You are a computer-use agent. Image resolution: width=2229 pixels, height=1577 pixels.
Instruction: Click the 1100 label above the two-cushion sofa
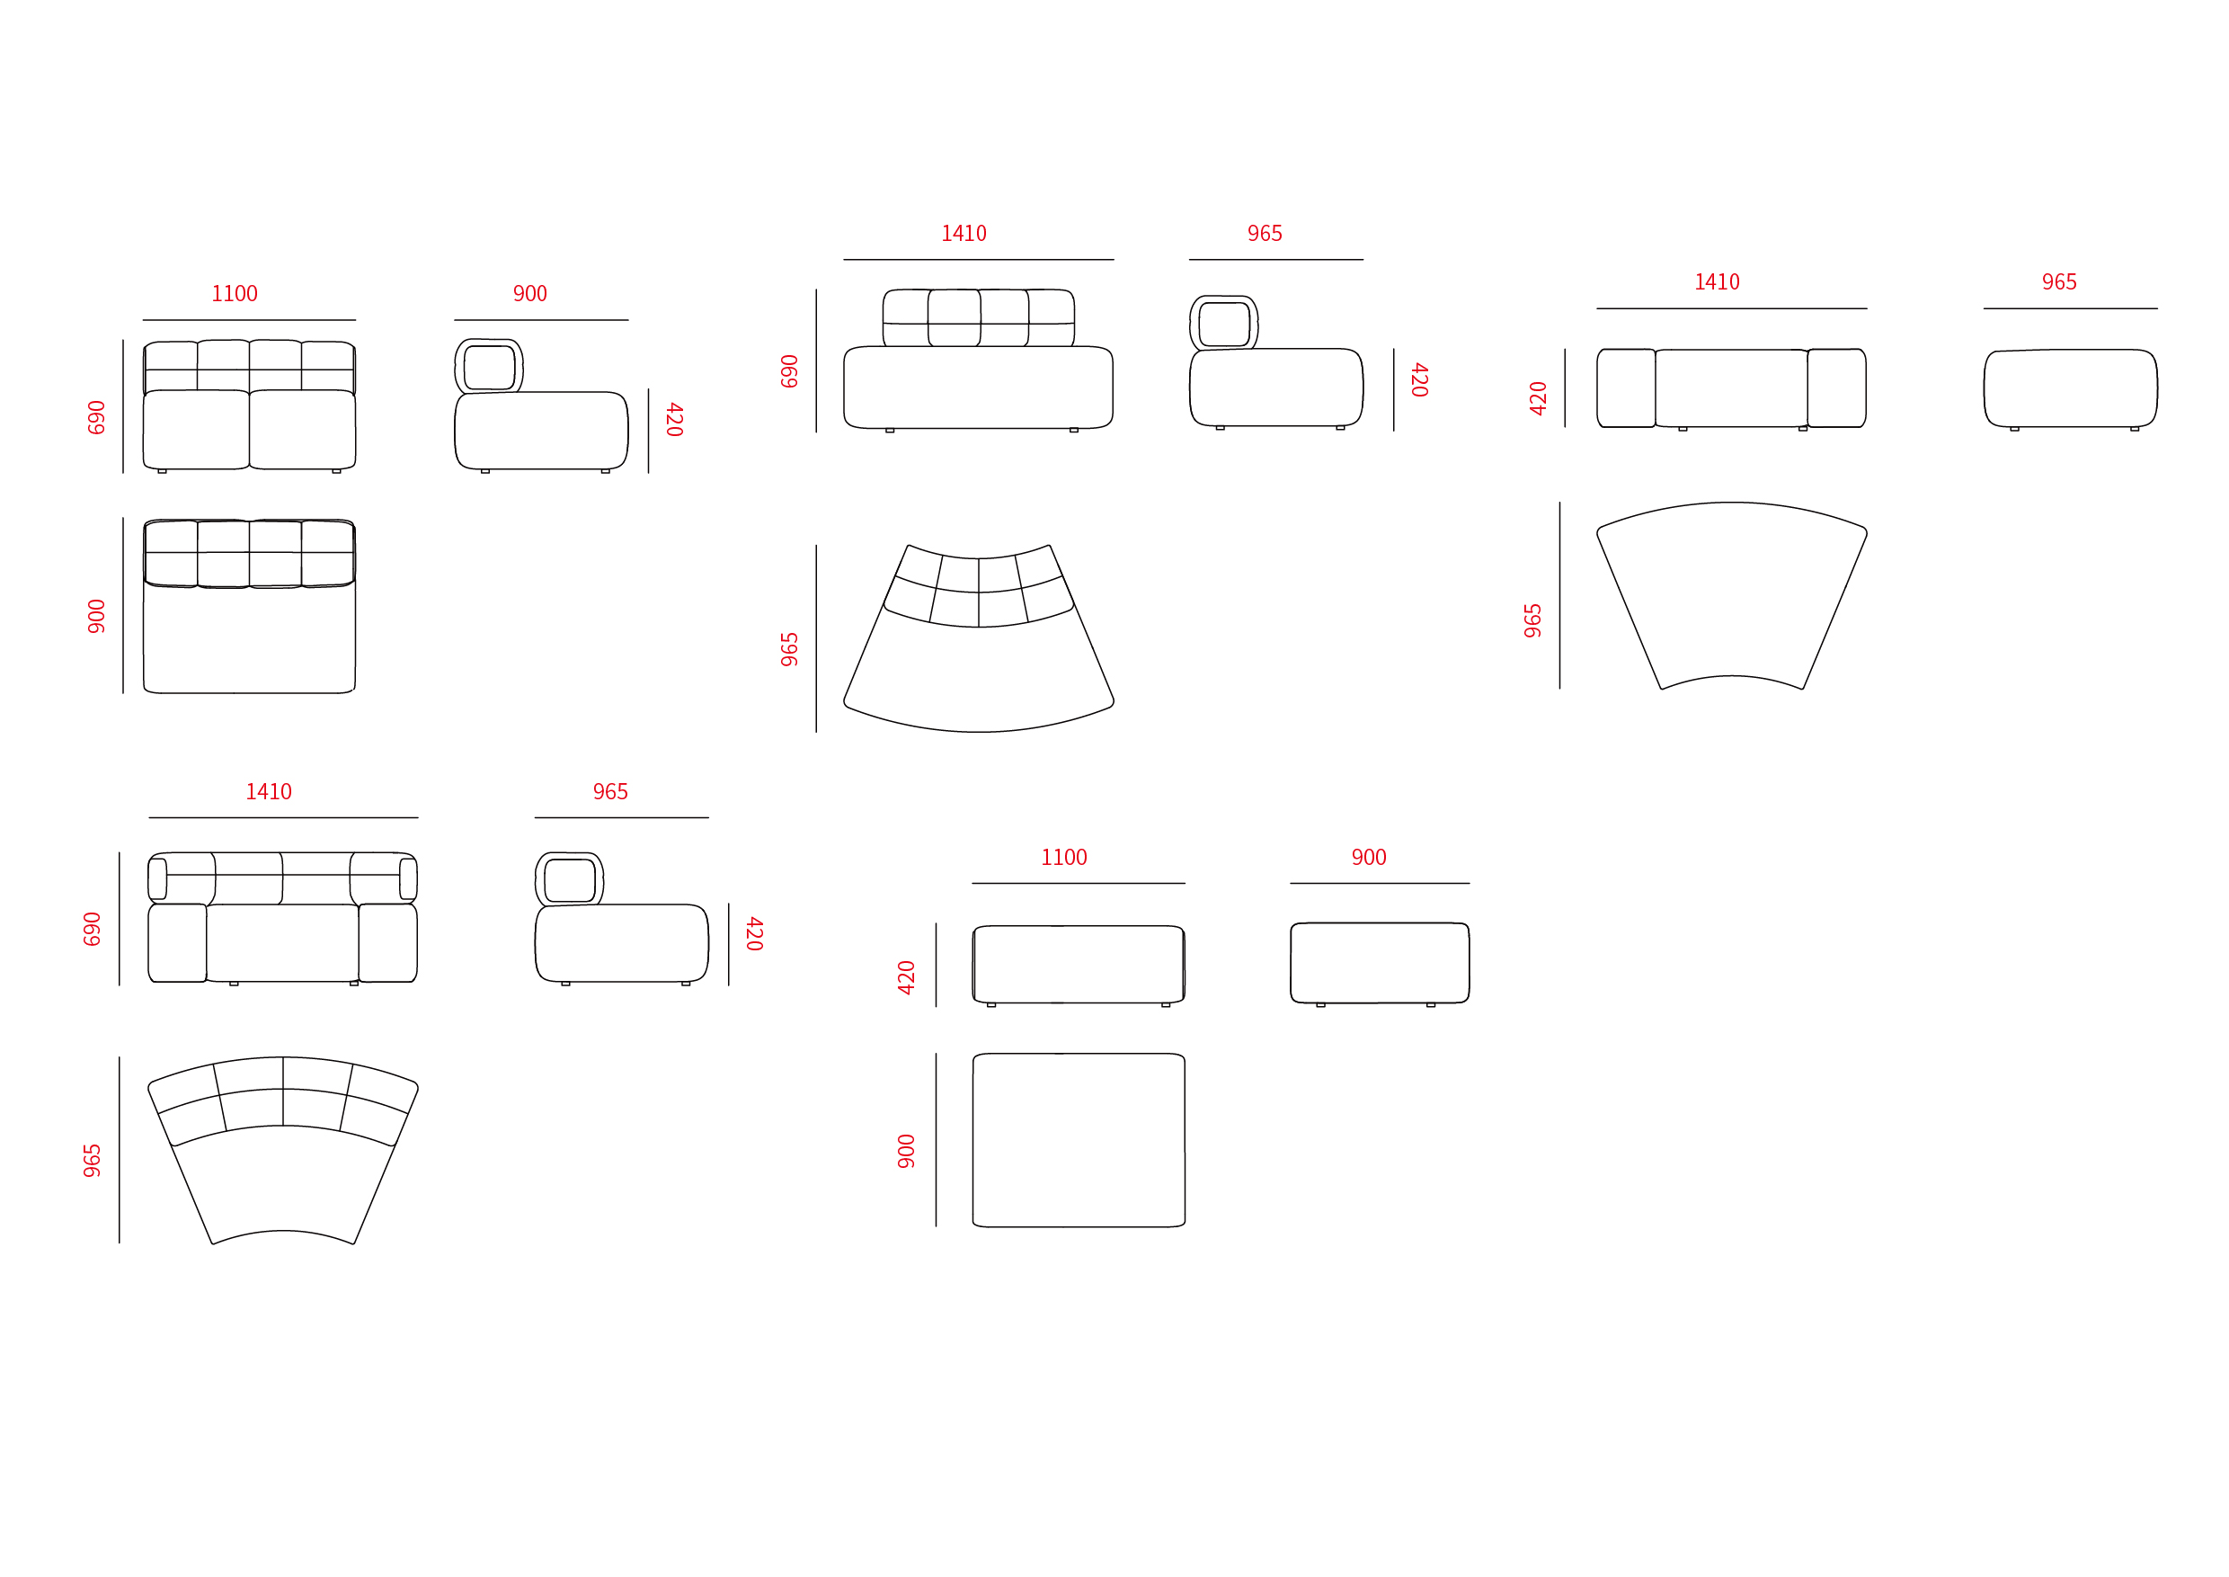pyautogui.click(x=235, y=293)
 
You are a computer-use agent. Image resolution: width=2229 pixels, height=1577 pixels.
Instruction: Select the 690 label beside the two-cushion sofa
pyautogui.click(x=96, y=416)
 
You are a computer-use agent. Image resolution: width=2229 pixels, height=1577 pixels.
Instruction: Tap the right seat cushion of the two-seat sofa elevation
pyautogui.click(x=303, y=429)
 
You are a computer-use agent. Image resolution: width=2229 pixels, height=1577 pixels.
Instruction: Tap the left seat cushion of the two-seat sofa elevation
pyautogui.click(x=196, y=429)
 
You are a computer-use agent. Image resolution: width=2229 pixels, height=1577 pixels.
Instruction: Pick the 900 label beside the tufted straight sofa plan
pyautogui.click(x=96, y=616)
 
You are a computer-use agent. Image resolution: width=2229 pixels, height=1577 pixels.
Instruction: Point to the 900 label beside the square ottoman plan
pyautogui.click(x=906, y=1151)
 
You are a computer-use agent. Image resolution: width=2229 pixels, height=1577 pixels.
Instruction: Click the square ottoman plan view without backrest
pyautogui.click(x=1079, y=1140)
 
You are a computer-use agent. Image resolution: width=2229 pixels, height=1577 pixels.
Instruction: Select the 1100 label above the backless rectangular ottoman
pyautogui.click(x=1064, y=858)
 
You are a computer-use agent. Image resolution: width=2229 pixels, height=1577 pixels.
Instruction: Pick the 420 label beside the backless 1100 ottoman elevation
pyautogui.click(x=906, y=977)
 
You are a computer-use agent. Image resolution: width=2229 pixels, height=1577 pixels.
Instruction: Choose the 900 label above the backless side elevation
pyautogui.click(x=1369, y=858)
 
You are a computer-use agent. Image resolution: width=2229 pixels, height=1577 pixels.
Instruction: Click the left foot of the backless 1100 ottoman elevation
pyautogui.click(x=991, y=1005)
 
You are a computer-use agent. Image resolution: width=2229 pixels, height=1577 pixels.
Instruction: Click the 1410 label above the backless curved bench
pyautogui.click(x=1717, y=281)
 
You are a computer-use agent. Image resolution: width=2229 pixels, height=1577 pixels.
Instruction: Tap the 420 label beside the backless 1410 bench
pyautogui.click(x=1538, y=398)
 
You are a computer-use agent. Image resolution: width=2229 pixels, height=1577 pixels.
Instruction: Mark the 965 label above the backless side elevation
pyautogui.click(x=2058, y=281)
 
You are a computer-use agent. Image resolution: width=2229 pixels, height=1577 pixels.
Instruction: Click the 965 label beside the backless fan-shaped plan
pyautogui.click(x=1533, y=620)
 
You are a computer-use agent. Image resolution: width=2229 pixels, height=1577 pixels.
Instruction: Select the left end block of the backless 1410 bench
pyautogui.click(x=1626, y=388)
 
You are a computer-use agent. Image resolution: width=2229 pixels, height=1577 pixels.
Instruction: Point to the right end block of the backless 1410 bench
pyautogui.click(x=1837, y=388)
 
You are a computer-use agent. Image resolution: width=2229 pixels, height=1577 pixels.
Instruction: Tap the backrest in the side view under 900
pyautogui.click(x=489, y=366)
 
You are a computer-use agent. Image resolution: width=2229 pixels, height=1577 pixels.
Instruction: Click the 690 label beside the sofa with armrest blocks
pyautogui.click(x=93, y=929)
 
